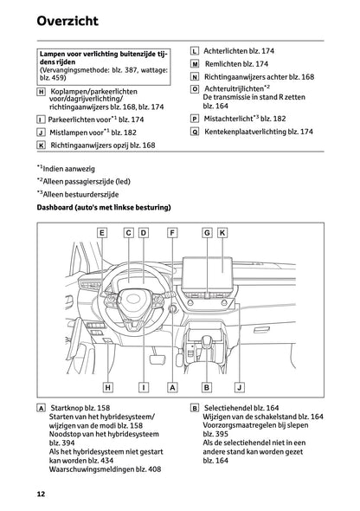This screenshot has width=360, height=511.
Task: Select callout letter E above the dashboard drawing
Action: point(102,233)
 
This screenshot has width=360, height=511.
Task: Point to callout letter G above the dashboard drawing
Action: point(208,233)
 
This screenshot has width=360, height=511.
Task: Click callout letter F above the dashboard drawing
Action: point(173,233)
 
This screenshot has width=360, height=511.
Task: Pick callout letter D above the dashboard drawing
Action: point(143,233)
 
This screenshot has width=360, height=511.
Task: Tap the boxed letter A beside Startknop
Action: point(42,407)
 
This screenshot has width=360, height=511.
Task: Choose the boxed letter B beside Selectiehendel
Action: point(195,407)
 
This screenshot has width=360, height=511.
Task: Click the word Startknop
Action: point(70,407)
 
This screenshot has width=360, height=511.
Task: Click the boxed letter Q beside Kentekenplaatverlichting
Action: point(195,131)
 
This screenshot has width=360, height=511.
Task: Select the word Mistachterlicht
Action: point(230,118)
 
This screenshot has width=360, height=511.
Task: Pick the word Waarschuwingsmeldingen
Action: point(78,469)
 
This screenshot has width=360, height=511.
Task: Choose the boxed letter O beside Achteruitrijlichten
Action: point(195,89)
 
